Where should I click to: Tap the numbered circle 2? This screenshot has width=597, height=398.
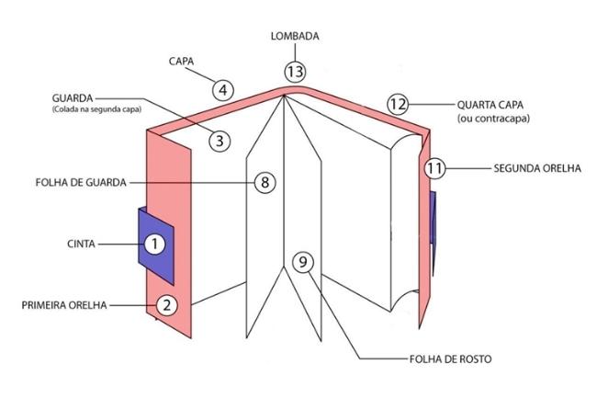(165, 305)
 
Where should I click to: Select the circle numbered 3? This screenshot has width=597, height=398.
(220, 141)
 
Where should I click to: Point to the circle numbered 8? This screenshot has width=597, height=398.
(265, 182)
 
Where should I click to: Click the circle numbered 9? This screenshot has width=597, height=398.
(303, 262)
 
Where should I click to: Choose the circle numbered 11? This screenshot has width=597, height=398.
(435, 169)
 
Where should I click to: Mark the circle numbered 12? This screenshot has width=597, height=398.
(397, 104)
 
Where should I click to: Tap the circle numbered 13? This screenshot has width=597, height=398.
(295, 71)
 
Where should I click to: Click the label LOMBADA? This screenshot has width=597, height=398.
(294, 38)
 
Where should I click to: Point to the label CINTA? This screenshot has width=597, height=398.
(84, 244)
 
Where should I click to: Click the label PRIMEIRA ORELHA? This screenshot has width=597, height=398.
(64, 305)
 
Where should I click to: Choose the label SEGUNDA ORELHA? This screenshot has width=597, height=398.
(535, 169)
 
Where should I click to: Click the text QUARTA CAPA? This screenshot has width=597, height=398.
(492, 104)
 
